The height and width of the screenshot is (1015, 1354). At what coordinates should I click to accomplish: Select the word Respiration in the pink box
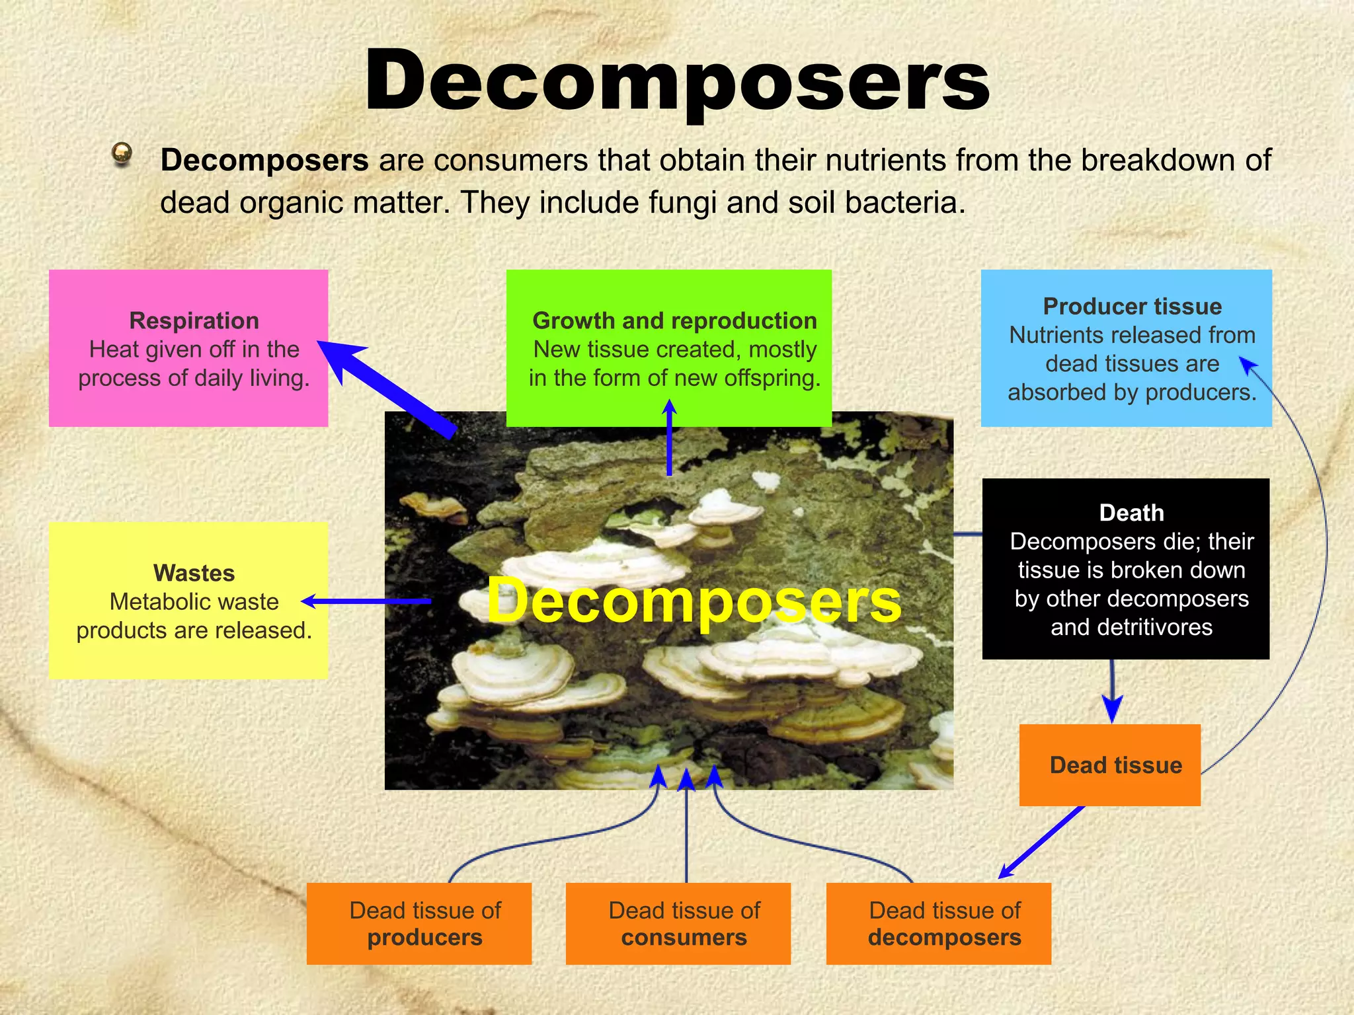(x=194, y=320)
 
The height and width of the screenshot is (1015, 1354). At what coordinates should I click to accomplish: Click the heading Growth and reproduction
(x=674, y=320)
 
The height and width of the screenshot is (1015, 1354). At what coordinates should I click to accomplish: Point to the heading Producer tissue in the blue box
(x=1132, y=307)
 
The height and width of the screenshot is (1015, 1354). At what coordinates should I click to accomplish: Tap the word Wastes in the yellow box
(x=194, y=573)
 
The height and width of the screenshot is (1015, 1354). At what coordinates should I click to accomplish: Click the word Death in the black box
(x=1131, y=513)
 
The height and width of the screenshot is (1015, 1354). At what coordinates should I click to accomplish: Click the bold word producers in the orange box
(x=424, y=938)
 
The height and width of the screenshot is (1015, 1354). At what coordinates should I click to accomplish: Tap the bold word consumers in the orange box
(x=684, y=938)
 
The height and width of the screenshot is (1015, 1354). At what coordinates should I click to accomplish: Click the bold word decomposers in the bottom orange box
(x=944, y=938)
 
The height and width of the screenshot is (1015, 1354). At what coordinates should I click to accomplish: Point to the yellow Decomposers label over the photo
(x=694, y=601)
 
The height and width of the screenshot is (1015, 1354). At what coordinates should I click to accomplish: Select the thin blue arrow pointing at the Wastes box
(x=367, y=601)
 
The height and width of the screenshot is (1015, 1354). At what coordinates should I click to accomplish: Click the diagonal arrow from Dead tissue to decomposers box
(x=1041, y=843)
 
